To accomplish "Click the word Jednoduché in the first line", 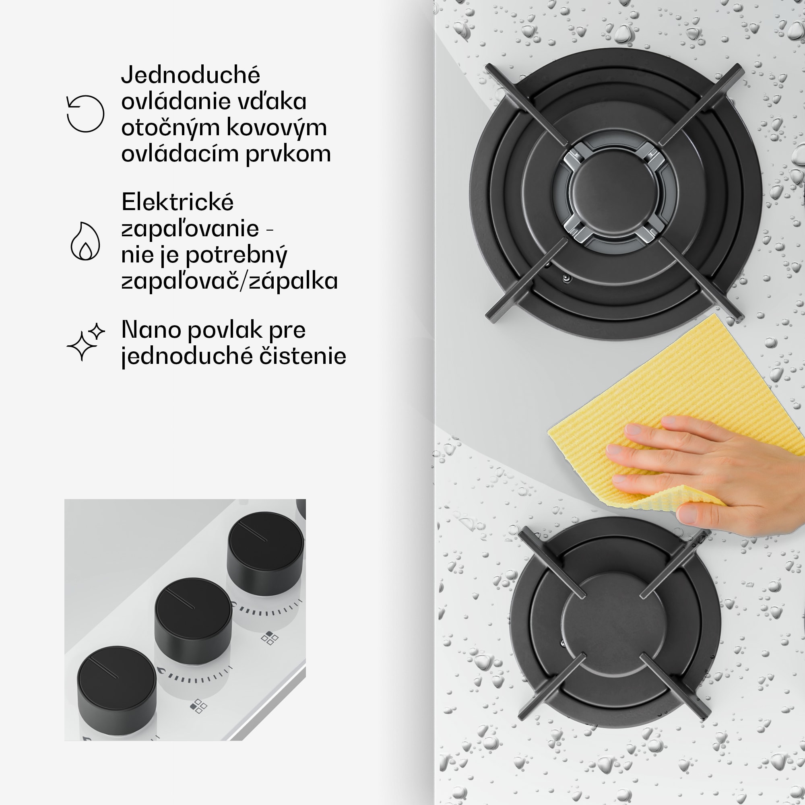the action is [190, 75].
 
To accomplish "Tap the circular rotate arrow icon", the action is [85, 114].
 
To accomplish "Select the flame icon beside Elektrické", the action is [85, 241].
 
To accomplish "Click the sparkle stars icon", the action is [85, 342].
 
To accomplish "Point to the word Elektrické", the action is [178, 202].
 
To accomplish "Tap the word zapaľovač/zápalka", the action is [229, 281].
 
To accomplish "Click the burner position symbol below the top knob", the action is [270, 638].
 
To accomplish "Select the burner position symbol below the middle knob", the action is [198, 706].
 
